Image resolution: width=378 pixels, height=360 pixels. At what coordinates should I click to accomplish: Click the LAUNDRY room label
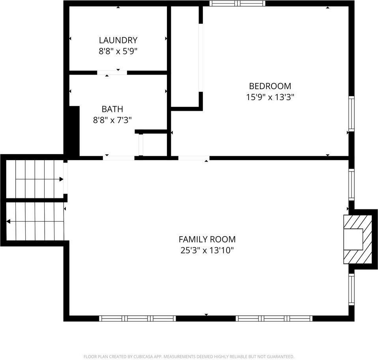pyautogui.click(x=118, y=40)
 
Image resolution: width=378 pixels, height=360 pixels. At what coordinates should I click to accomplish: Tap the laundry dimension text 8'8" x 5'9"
pyautogui.click(x=118, y=51)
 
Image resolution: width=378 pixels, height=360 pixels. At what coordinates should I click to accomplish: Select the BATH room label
pyautogui.click(x=112, y=109)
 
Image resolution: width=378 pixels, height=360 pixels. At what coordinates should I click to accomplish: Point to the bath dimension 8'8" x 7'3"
pyautogui.click(x=112, y=120)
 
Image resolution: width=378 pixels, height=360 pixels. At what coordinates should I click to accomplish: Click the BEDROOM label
pyautogui.click(x=270, y=86)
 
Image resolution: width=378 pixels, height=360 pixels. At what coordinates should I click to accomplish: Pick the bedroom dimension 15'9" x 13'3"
pyautogui.click(x=270, y=97)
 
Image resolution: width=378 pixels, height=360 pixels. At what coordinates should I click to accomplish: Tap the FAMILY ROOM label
pyautogui.click(x=207, y=239)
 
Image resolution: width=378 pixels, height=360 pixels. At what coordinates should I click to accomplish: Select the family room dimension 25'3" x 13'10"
pyautogui.click(x=207, y=250)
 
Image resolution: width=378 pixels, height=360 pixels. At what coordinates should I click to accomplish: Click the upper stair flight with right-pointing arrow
pyautogui.click(x=36, y=179)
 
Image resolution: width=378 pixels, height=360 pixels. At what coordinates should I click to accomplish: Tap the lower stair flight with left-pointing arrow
pyautogui.click(x=36, y=222)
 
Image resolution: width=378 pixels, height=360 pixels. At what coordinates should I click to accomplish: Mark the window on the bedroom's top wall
pyautogui.click(x=237, y=4)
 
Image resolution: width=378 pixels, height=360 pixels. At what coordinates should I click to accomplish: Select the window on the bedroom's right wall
pyautogui.click(x=351, y=113)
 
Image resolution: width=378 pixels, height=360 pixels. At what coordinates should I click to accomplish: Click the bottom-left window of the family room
pyautogui.click(x=137, y=318)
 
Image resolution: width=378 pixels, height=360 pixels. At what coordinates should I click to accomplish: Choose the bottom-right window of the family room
pyautogui.click(x=274, y=318)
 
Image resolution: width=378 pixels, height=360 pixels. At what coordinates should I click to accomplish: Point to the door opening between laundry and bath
pyautogui.click(x=112, y=73)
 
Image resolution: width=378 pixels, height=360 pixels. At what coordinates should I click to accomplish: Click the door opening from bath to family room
pyautogui.click(x=118, y=158)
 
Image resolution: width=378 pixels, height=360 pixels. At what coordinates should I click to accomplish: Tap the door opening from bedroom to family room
pyautogui.click(x=194, y=158)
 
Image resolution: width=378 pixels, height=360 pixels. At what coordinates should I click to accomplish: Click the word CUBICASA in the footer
pyautogui.click(x=143, y=356)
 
